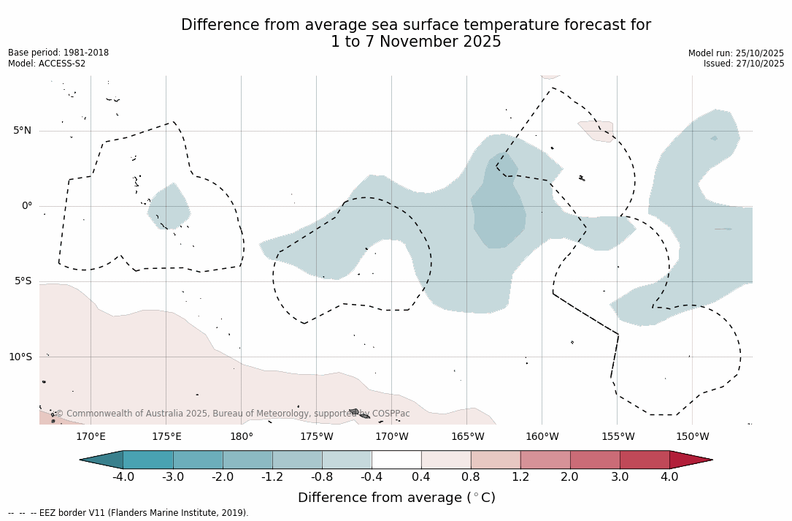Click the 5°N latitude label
pos(22,131)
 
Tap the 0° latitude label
pos(26,206)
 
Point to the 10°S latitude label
pos(20,357)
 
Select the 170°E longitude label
pos(91,437)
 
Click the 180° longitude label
pos(241,437)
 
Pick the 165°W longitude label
pos(467,437)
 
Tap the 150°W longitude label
pos(692,437)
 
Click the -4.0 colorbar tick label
pos(123,477)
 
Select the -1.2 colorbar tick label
pos(272,477)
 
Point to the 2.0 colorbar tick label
pos(569,477)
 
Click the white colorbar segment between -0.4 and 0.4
pos(396,460)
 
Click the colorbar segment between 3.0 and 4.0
pos(645,460)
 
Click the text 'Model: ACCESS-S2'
pos(47,64)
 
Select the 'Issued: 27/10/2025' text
pos(744,64)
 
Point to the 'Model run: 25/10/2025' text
pos(736,53)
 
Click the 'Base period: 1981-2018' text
pos(58,53)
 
